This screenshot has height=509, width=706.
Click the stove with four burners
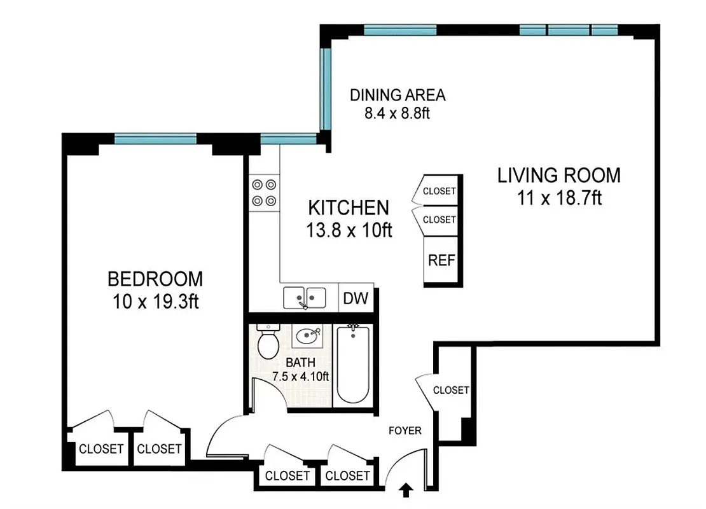click(x=264, y=193)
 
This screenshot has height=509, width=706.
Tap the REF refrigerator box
click(x=440, y=261)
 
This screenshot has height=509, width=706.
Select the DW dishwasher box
click(x=356, y=298)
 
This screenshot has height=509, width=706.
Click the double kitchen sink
click(x=305, y=297)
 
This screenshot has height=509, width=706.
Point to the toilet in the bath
click(x=268, y=342)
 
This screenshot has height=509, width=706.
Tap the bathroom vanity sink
click(x=308, y=335)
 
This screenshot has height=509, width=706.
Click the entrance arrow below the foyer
click(x=407, y=489)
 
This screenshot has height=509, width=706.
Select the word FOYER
click(x=405, y=431)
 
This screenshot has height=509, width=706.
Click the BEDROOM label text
click(x=155, y=279)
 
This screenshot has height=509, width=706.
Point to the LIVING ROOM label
click(x=558, y=174)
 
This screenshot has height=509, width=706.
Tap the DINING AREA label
click(x=398, y=95)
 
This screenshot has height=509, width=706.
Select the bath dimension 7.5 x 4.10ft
click(x=300, y=376)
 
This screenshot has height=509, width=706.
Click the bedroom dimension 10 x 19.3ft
click(x=155, y=300)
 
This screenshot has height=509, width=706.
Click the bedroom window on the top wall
click(x=155, y=138)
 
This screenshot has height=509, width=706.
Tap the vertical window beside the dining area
click(x=326, y=87)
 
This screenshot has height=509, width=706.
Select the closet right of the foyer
click(x=450, y=390)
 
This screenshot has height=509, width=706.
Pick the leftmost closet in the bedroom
click(x=100, y=449)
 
